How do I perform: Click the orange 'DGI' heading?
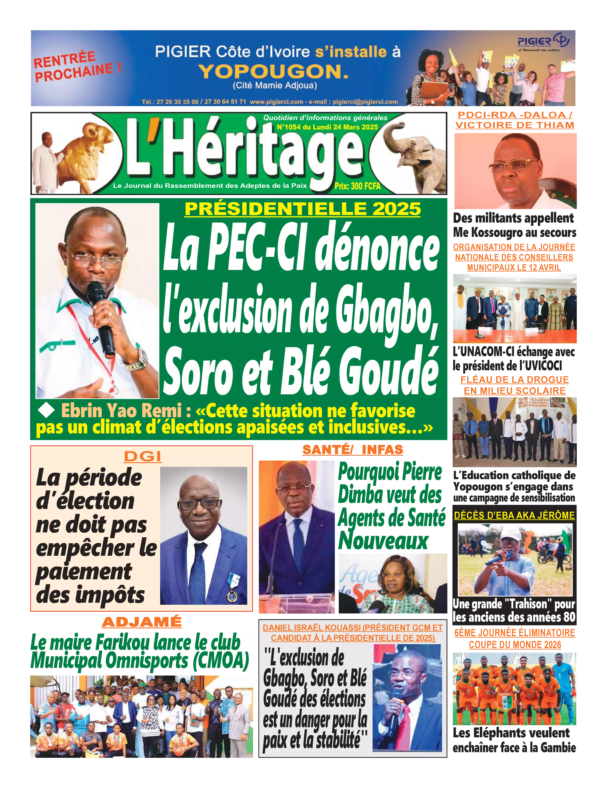(x=142, y=457)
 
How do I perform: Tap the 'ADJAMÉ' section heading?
(x=142, y=622)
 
